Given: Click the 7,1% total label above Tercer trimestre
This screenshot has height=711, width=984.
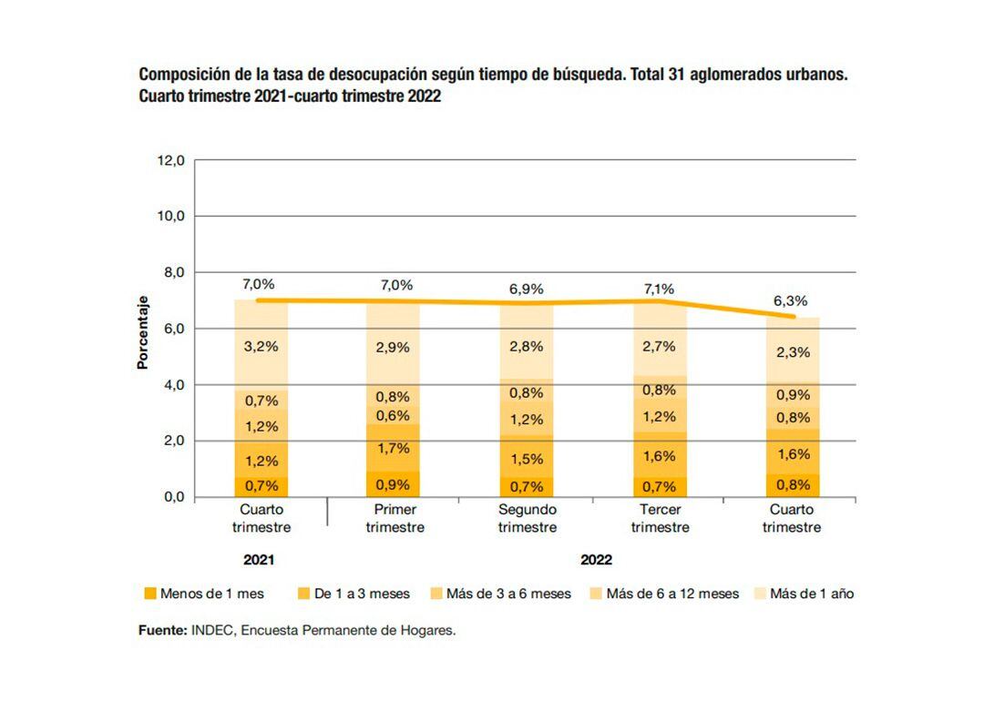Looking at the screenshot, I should pos(659,289).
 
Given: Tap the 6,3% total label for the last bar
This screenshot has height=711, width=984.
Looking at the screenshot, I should pos(791,300).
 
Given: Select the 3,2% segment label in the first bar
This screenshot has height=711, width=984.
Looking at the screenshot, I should pos(261,346).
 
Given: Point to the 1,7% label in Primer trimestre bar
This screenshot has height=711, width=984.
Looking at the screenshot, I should pos(393,448).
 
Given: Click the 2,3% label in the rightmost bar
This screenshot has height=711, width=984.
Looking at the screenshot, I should pos(791,353).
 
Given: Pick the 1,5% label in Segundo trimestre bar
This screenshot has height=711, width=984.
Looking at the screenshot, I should pos(527,459).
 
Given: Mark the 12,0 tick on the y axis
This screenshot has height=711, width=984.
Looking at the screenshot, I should pos(170,160).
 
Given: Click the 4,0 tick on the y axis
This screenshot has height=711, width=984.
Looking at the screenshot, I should pos(170,385).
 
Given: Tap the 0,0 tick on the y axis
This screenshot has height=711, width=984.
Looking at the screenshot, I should pos(170,497).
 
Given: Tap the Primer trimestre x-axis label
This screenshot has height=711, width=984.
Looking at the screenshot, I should pos(395,519).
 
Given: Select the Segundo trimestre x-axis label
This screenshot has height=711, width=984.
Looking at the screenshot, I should pos(528,519).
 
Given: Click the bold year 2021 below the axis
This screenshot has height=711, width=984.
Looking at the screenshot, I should pos(260,560).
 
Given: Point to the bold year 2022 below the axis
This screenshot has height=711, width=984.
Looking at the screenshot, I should pos(597,560).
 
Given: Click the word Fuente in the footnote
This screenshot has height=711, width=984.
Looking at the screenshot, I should pos(162,630).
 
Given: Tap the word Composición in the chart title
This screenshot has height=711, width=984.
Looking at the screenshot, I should pos(181,74).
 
